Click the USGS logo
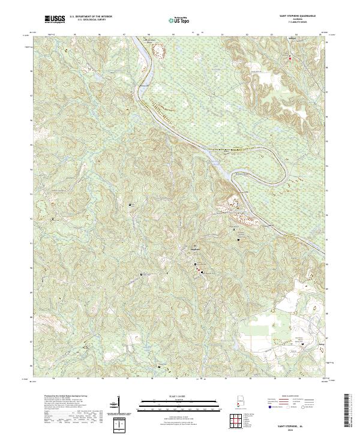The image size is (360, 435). tap(55, 20)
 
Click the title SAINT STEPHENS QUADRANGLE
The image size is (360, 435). tap(290, 17)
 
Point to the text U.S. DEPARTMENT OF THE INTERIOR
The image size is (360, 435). tap(89, 17)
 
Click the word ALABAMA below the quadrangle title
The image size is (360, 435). tap(290, 20)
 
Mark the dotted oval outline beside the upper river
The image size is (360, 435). tap(160, 53)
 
